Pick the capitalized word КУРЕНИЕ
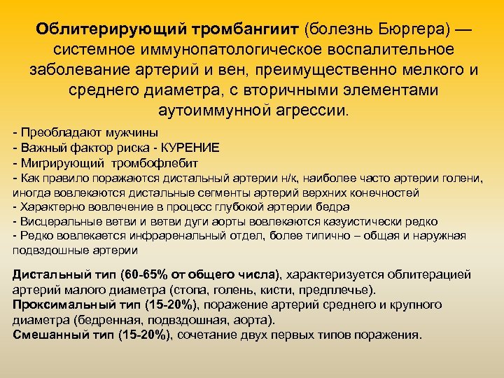click(190, 147)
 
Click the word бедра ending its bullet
click(335, 206)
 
